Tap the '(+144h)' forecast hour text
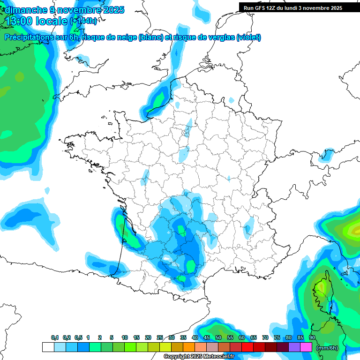pos(83,21)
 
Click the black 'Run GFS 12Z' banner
pos(292,8)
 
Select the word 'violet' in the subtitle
pos(248,37)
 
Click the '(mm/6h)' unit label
pos(327,348)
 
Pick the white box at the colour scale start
pos(48,347)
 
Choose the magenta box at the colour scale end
pos(306,347)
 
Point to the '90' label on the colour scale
pos(312,337)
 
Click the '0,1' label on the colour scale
pos(55,337)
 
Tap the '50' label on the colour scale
pos(218,337)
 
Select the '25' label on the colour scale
pos(160,337)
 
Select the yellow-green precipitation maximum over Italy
pos(351,230)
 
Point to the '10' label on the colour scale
pos(125,337)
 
